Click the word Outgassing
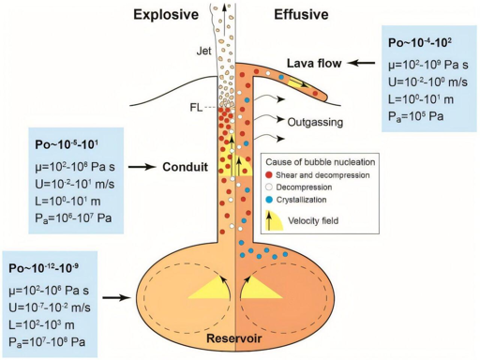(x=319, y=121)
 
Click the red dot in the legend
(x=268, y=174)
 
